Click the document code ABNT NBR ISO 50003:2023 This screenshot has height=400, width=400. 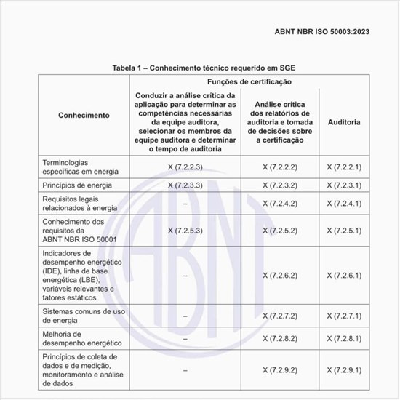338,32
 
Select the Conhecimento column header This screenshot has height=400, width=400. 84,116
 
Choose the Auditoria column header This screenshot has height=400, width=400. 344,121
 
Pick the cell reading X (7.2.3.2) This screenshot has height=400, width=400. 279,185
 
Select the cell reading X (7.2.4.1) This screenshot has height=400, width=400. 344,204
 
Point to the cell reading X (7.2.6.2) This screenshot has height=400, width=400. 279,276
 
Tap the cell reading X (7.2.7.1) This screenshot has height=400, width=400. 344,316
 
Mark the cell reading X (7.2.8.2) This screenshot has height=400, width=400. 279,339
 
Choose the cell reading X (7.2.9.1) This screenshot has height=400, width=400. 344,369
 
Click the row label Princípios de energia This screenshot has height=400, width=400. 79,185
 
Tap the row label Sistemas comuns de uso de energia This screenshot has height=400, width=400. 84,316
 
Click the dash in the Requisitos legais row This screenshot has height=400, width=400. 185,204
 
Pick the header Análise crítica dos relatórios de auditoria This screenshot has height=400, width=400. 279,121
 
